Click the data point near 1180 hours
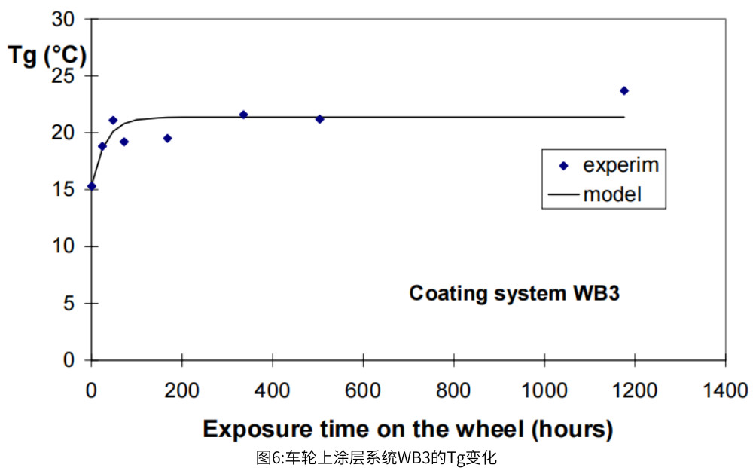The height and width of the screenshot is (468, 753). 623,90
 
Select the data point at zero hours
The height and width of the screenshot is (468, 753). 91,186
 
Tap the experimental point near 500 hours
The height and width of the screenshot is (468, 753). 319,119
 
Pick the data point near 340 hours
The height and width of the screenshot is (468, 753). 243,115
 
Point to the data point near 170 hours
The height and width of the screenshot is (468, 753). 167,138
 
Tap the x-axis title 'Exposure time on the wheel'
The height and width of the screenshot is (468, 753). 407,429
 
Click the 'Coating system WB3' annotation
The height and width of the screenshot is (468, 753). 514,293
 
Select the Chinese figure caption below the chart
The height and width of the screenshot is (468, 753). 376,457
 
